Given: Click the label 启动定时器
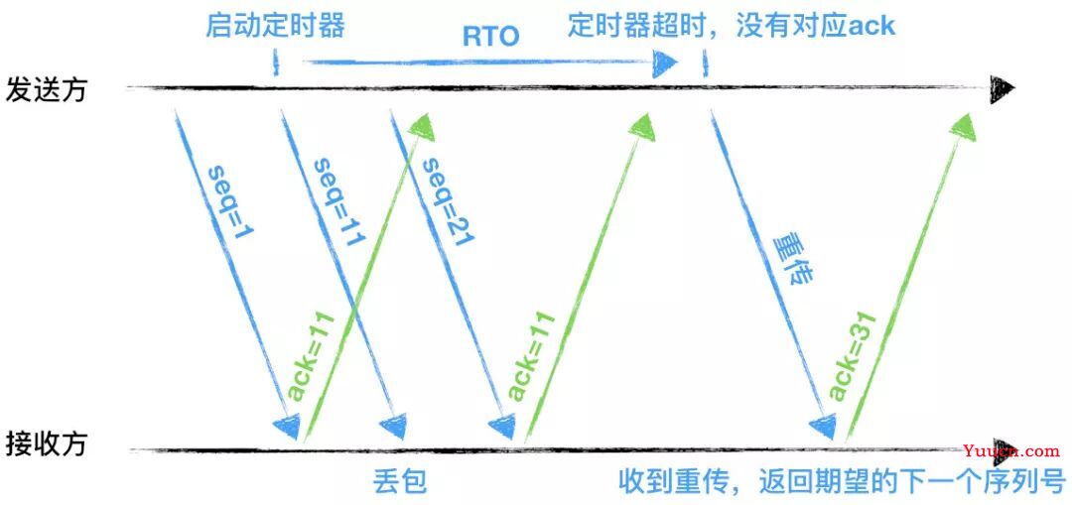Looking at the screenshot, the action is click(x=276, y=26).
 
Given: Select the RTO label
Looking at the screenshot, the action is click(x=491, y=37).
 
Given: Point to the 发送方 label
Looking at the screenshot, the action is click(x=47, y=89).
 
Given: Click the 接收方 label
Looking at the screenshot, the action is click(x=47, y=444).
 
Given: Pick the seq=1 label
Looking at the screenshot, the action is click(x=229, y=202).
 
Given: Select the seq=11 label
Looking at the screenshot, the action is click(x=339, y=201).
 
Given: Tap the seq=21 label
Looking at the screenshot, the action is click(x=449, y=201).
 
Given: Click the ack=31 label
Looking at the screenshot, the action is click(x=852, y=356).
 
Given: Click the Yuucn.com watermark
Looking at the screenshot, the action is click(x=1011, y=451).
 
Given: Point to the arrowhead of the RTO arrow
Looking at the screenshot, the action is click(x=664, y=63).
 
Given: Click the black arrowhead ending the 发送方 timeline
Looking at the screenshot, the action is click(x=1003, y=88).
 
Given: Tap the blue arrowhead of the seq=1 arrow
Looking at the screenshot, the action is click(x=288, y=426).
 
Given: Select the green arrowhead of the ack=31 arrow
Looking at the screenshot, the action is click(x=963, y=126).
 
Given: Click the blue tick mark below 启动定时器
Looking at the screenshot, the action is click(x=276, y=62).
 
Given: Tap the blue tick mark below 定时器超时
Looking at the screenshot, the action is click(x=705, y=63).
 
